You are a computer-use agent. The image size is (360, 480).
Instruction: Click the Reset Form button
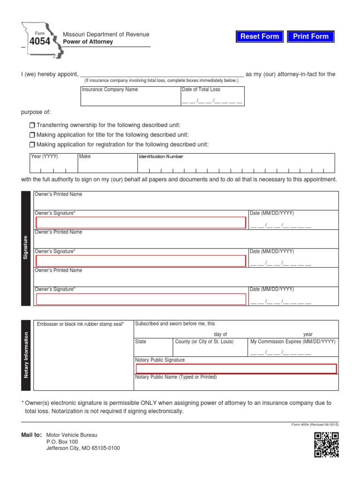pyautogui.click(x=260, y=37)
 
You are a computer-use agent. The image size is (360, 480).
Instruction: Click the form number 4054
pyautogui.click(x=40, y=41)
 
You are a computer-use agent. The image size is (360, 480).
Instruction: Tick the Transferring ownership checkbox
pyautogui.click(x=32, y=126)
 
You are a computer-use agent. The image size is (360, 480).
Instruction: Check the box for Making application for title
pyautogui.click(x=32, y=135)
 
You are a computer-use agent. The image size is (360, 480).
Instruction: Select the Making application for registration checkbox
pyautogui.click(x=32, y=145)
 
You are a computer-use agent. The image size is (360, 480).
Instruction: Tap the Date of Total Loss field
pyautogui.click(x=212, y=100)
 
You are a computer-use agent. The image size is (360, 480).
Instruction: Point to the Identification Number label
pyautogui.click(x=160, y=157)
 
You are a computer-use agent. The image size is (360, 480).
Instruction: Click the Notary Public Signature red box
pyautogui.click(x=236, y=369)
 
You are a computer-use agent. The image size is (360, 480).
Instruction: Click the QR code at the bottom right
pyautogui.click(x=326, y=444)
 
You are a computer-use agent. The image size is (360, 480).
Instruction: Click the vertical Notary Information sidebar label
pyautogui.click(x=26, y=355)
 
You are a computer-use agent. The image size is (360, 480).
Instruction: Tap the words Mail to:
pyautogui.click(x=31, y=435)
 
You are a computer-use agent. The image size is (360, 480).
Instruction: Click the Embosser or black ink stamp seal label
pyautogui.click(x=80, y=324)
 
